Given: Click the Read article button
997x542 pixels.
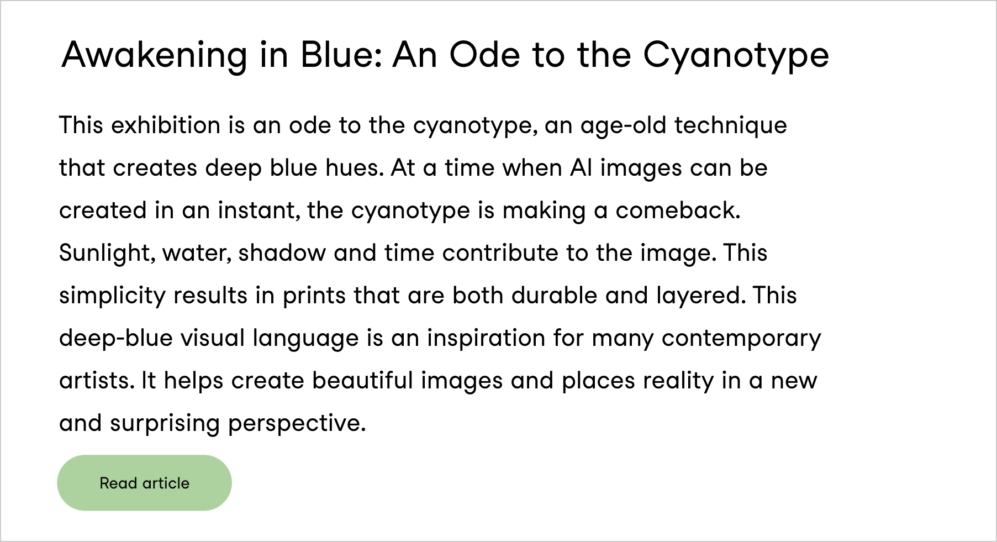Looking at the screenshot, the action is (x=144, y=483).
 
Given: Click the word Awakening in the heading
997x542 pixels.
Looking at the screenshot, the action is (x=155, y=56).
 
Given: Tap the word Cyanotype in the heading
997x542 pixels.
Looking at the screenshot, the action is (x=736, y=56).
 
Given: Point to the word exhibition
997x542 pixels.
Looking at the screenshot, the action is (x=166, y=125).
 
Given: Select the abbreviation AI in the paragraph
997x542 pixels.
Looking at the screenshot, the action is (x=581, y=168).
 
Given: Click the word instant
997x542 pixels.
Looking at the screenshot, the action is (x=259, y=211).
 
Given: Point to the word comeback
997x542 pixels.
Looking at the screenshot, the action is (x=678, y=211).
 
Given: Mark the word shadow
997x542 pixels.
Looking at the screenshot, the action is (x=282, y=253).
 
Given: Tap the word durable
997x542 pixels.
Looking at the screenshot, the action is (x=555, y=296).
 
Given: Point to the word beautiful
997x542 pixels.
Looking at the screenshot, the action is (x=362, y=381).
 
